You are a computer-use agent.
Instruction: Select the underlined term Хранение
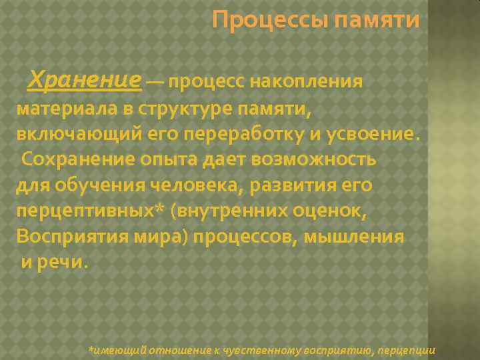coord(84,81)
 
